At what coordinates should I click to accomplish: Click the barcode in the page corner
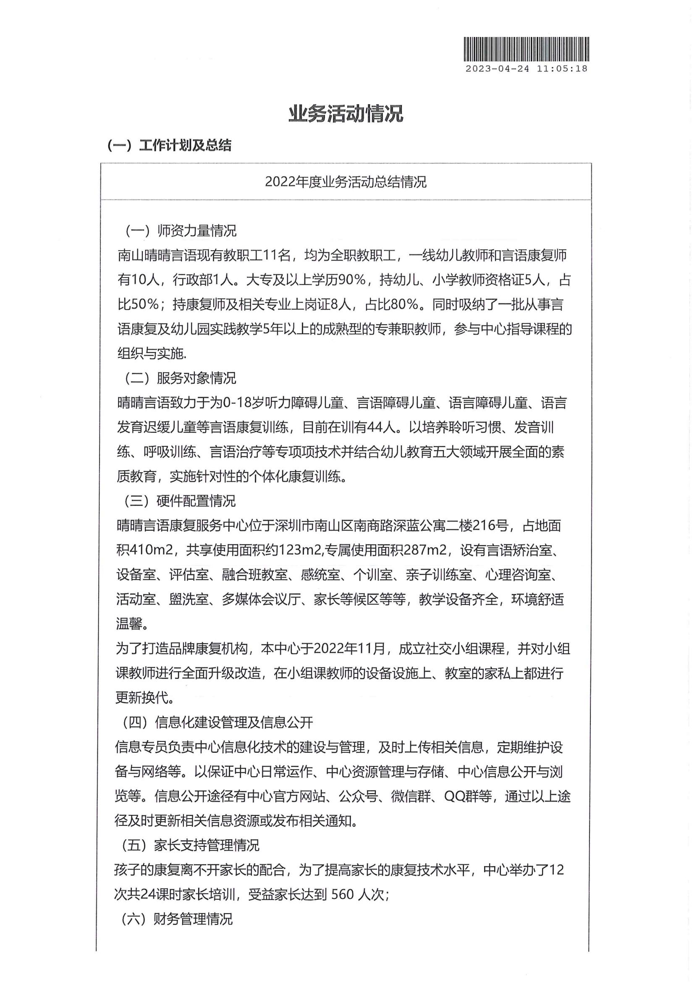(526, 49)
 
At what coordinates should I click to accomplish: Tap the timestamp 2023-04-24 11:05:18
(526, 69)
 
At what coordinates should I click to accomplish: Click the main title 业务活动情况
(346, 114)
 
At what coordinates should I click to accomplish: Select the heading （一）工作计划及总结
(169, 145)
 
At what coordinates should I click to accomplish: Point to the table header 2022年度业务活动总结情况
(346, 182)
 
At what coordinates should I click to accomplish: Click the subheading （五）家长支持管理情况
(190, 845)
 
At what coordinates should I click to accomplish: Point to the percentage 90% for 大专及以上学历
(352, 280)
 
